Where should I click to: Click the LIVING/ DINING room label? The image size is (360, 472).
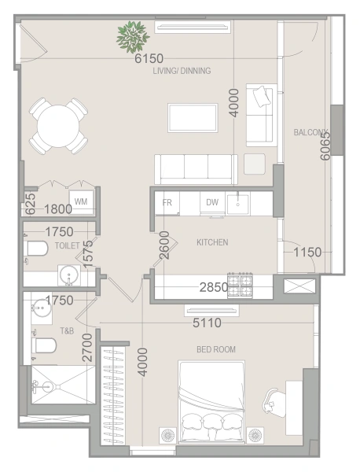coord(182,71)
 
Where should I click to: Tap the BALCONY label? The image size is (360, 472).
coord(310,132)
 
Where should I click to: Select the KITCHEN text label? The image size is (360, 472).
coord(212,242)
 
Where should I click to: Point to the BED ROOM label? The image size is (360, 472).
coord(216,348)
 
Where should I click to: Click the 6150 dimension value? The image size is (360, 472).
coord(149,59)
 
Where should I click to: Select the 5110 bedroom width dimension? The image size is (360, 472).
coord(207,323)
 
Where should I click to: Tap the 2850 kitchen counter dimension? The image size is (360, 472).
coord(213,288)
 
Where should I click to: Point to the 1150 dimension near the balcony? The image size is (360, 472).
coord(307,253)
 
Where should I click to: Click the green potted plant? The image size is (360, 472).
coord(131,35)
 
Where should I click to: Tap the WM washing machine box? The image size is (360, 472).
coord(81,202)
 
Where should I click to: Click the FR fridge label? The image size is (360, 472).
coord(167,202)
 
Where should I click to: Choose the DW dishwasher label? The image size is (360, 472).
coord(212,202)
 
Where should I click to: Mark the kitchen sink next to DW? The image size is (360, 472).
coord(238,203)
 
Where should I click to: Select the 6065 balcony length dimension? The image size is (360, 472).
coord(325,145)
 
